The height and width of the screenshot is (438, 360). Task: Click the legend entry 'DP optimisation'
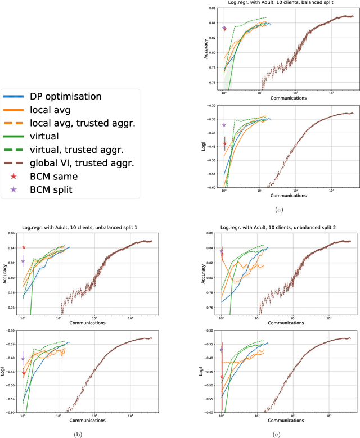click(x=66, y=96)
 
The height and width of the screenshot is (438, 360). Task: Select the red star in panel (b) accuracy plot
click(x=24, y=247)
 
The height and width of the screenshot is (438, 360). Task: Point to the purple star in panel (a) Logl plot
click(x=224, y=125)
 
